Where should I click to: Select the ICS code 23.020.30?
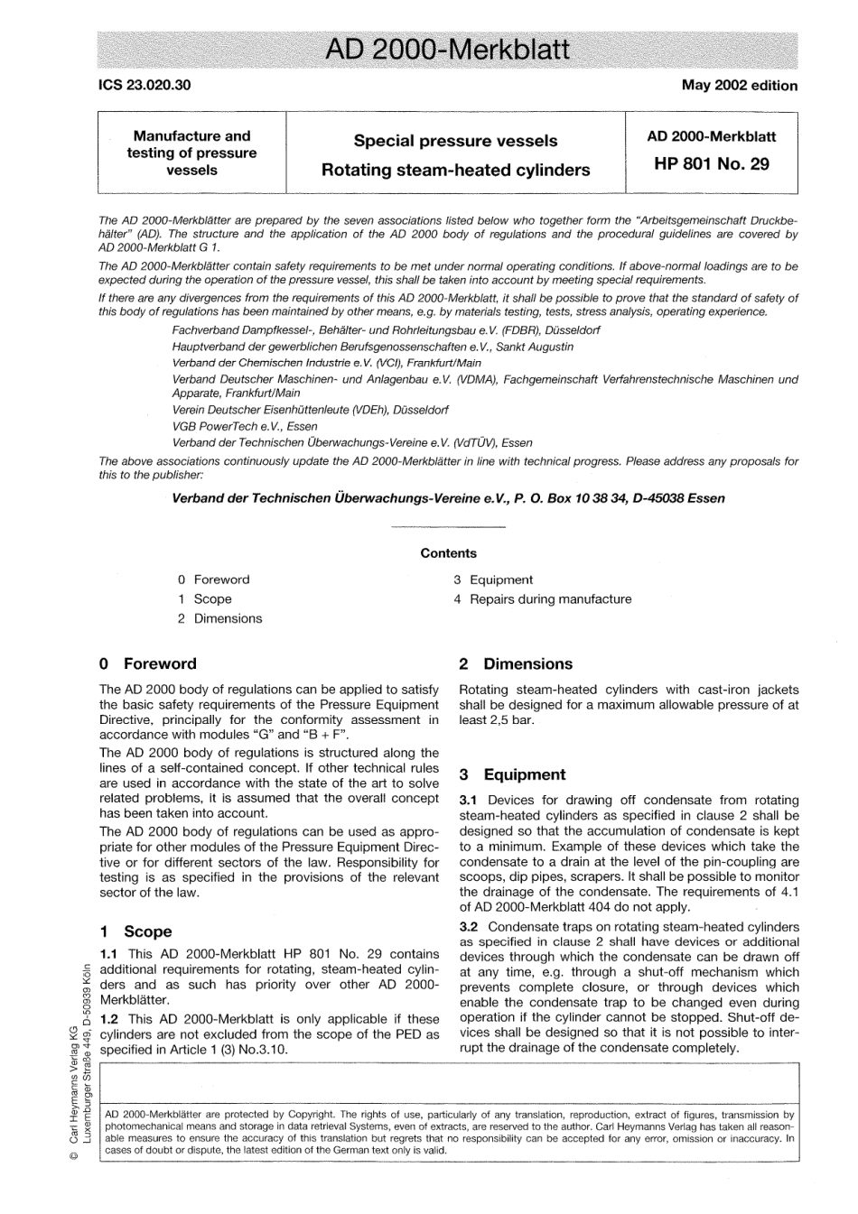pos(145,86)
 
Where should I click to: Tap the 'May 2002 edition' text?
pos(739,86)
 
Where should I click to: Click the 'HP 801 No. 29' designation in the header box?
pos(711,164)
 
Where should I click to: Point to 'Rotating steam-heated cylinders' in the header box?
pos(455,170)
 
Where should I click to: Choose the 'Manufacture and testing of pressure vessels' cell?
pos(191,153)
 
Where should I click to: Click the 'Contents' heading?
pos(448,553)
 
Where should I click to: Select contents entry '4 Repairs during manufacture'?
pos(542,599)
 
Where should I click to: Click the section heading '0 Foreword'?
pos(147,664)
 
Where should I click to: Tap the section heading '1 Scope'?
pos(135,931)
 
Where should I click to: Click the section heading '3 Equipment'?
pos(512,774)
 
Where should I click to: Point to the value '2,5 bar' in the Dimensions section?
pos(509,720)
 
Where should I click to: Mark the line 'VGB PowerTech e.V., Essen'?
pos(245,426)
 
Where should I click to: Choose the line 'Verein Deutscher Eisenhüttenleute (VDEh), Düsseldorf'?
pos(310,410)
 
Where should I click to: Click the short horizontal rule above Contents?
pos(448,526)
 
